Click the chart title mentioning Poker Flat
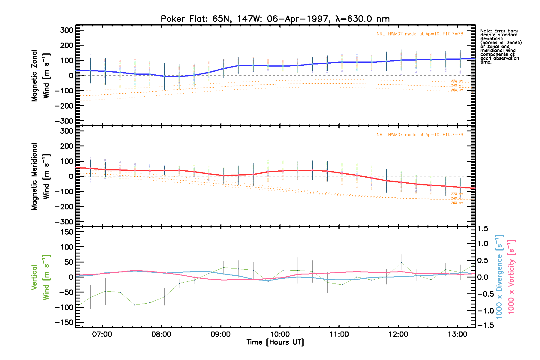point(275,19)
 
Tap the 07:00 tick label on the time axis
point(102,334)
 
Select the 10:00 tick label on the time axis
point(280,334)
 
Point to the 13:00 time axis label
point(457,334)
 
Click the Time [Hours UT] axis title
point(275,342)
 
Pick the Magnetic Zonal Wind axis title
point(40,75)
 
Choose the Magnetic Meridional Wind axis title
point(40,176)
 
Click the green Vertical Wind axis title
point(40,277)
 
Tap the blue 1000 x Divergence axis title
point(499,277)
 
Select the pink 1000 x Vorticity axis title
point(511,277)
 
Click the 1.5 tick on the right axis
point(483,229)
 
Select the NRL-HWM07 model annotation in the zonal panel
point(420,34)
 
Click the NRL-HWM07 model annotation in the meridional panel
point(420,135)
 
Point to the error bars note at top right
point(501,46)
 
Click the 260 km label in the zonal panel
point(457,90)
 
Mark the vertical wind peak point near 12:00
point(401,262)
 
